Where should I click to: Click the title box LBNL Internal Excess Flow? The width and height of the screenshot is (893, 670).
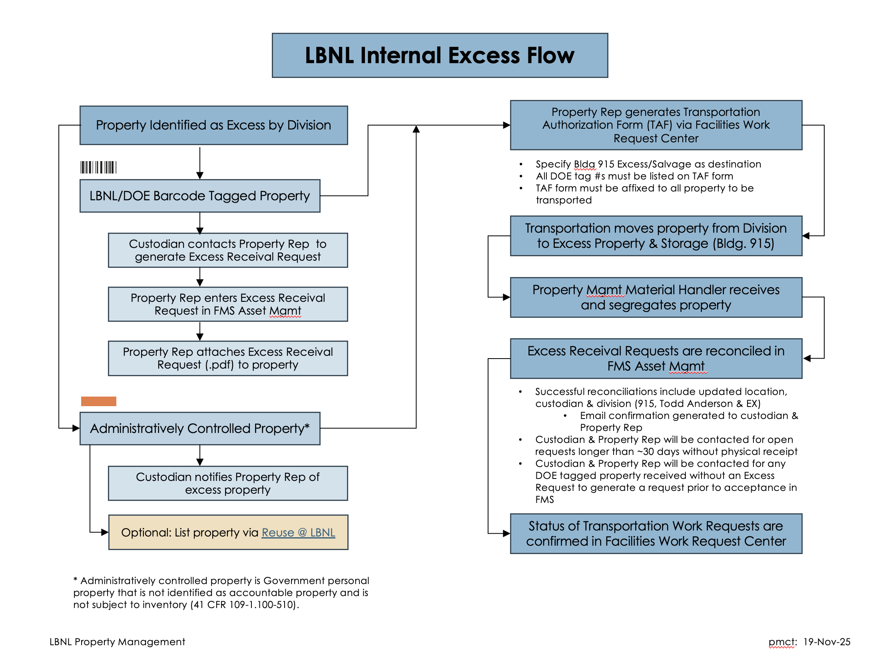(440, 55)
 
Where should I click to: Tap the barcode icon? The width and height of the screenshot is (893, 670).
(98, 167)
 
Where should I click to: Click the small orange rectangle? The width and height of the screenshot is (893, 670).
(98, 401)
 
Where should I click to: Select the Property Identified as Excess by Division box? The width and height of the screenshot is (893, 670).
(213, 125)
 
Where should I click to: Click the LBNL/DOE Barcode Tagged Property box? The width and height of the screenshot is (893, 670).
(199, 196)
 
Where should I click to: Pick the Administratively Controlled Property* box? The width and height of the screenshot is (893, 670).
(199, 428)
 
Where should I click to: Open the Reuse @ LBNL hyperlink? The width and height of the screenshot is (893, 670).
(298, 532)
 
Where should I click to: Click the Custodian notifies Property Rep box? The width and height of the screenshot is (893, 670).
(228, 483)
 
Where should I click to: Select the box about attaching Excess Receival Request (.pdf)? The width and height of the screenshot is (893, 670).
(228, 358)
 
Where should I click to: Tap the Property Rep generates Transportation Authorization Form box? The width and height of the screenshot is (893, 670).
(656, 125)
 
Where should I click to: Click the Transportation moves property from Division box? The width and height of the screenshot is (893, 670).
(656, 236)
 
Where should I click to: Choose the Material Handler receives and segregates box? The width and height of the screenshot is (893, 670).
(656, 297)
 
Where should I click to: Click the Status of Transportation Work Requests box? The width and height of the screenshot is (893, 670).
(656, 534)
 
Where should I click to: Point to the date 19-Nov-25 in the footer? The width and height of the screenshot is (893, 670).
(826, 642)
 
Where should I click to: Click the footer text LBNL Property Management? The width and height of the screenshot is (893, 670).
(117, 642)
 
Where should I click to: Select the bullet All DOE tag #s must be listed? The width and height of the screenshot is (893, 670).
(634, 176)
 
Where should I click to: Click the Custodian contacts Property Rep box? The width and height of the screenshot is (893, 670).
(228, 250)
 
